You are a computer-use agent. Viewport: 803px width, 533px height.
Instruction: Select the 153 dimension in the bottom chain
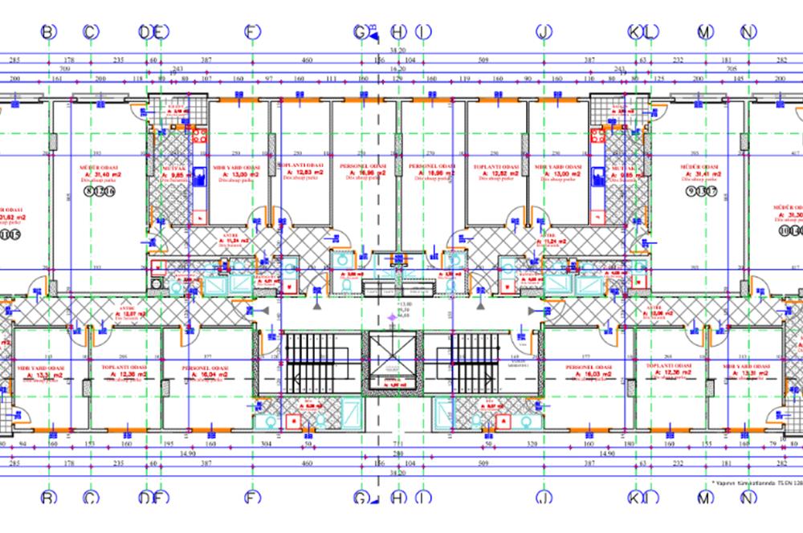(x=91, y=443)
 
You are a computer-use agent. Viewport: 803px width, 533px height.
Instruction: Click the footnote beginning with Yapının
(x=756, y=482)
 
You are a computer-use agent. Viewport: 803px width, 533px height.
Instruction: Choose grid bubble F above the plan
(x=253, y=32)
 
